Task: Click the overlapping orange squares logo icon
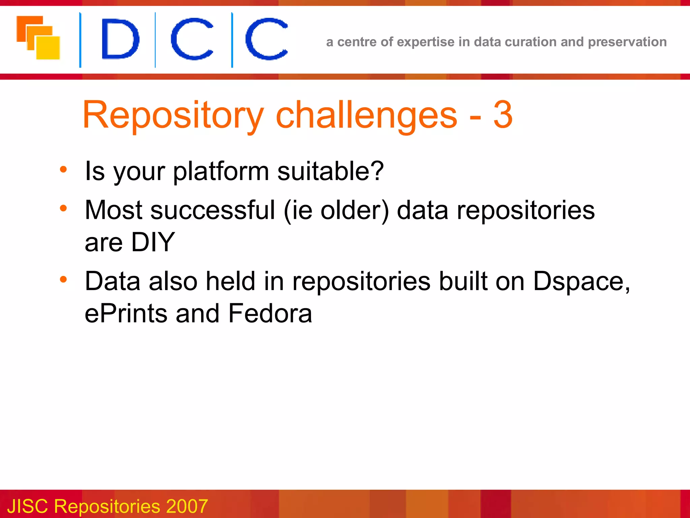click(x=38, y=38)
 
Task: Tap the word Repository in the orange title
click(x=173, y=116)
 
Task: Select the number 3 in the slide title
click(x=503, y=115)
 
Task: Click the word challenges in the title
click(x=366, y=116)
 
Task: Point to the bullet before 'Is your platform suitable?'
click(x=63, y=169)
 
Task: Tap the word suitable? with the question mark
click(x=330, y=171)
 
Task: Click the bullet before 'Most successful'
click(x=63, y=208)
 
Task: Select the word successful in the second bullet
click(x=213, y=210)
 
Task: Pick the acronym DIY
click(x=153, y=242)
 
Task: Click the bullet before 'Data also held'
click(x=63, y=280)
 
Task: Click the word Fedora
click(x=270, y=313)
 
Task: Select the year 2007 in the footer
click(x=187, y=506)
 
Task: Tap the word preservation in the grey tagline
click(x=627, y=42)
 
